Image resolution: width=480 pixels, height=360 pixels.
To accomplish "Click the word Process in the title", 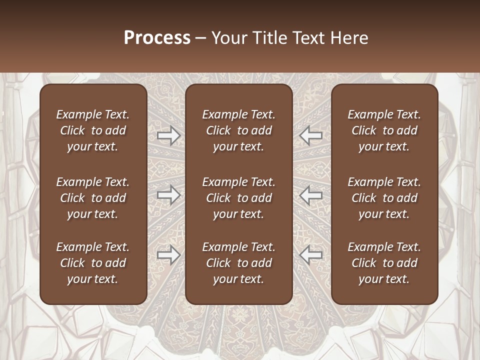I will pyautogui.click(x=157, y=38).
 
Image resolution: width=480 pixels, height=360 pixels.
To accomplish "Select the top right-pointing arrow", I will pyautogui.click(x=168, y=135).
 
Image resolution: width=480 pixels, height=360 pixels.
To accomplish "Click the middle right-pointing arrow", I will pyautogui.click(x=168, y=195).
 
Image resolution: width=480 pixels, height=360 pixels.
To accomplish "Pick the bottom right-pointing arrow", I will pyautogui.click(x=168, y=255).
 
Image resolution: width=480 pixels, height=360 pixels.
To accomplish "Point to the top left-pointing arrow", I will pyautogui.click(x=311, y=135).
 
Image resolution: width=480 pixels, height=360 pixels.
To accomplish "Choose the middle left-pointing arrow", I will pyautogui.click(x=311, y=195).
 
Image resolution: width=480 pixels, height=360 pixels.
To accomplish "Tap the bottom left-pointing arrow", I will pyautogui.click(x=311, y=255).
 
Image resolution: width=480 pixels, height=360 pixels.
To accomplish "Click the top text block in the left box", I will pyautogui.click(x=93, y=130).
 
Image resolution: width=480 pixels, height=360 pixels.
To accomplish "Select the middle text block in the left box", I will pyautogui.click(x=93, y=198).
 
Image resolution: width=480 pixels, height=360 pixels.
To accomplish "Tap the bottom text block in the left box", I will pyautogui.click(x=93, y=263).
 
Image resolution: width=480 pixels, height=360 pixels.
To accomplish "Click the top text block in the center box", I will pyautogui.click(x=238, y=130).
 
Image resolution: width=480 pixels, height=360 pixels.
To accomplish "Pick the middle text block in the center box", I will pyautogui.click(x=238, y=198).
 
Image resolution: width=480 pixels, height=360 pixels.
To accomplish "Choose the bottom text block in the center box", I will pyautogui.click(x=238, y=263).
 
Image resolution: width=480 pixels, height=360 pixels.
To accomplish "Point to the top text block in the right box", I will pyautogui.click(x=384, y=130).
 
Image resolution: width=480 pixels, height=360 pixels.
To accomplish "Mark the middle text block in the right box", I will pyautogui.click(x=384, y=198).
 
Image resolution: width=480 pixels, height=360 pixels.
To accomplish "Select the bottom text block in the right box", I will pyautogui.click(x=384, y=263).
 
